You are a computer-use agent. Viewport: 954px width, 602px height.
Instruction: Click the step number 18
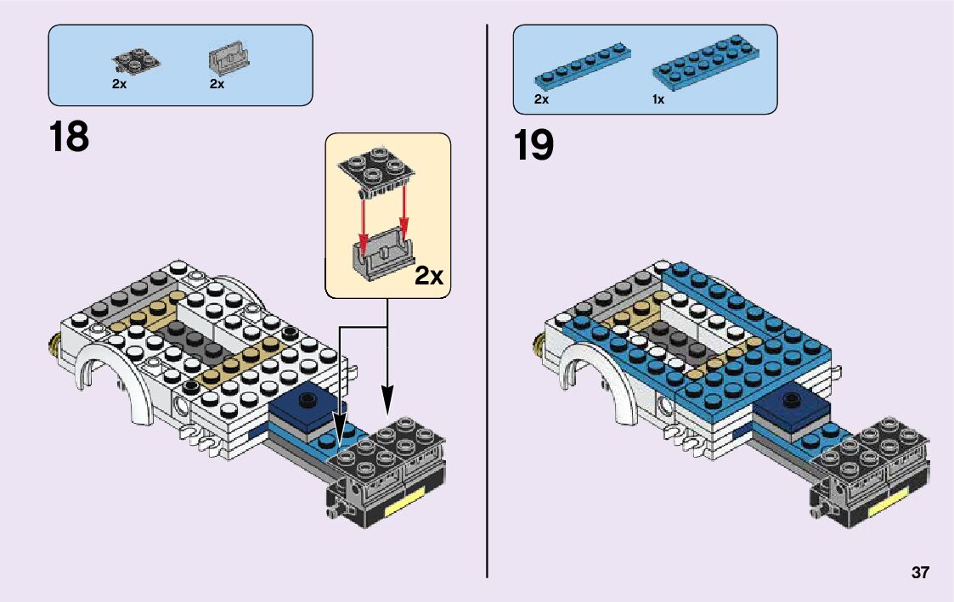tap(69, 137)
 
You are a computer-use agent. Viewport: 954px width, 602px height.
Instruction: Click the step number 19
tap(533, 145)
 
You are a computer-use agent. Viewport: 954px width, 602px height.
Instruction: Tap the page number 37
tap(920, 573)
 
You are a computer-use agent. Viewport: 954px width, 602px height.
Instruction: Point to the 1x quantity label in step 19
tap(658, 99)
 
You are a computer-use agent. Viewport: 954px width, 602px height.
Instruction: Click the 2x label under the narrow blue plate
tap(541, 99)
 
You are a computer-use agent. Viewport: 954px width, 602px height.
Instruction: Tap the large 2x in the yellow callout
tap(429, 275)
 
